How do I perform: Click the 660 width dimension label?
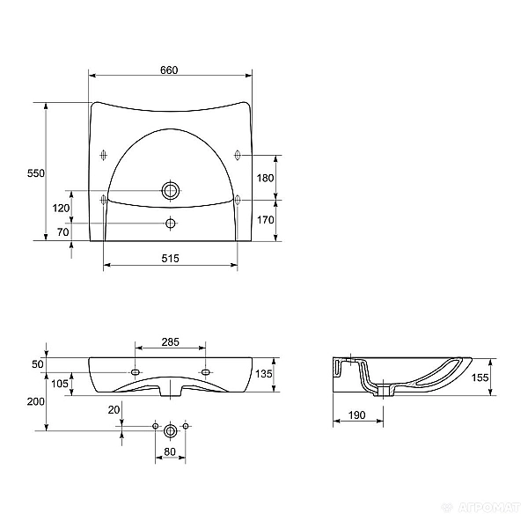tap(171, 70)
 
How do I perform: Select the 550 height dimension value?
tap(35, 173)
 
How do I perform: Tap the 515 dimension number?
tap(171, 258)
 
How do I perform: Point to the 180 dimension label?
tap(266, 178)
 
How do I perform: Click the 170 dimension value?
tap(266, 220)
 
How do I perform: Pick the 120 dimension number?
tap(61, 209)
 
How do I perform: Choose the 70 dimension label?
tap(62, 232)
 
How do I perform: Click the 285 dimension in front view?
tap(171, 341)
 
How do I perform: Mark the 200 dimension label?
tap(35, 401)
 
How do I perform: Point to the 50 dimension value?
tap(38, 363)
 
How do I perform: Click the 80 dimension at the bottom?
tap(171, 453)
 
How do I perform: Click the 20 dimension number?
tap(113, 409)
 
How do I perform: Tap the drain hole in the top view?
tap(171, 190)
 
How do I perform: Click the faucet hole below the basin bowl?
tap(171, 224)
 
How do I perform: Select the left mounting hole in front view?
tap(136, 372)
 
